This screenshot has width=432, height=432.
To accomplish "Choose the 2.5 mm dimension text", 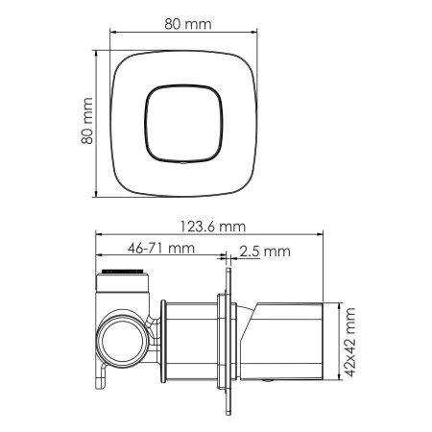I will [x=263, y=252].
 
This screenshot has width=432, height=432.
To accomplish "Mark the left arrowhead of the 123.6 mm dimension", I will [x=98, y=235].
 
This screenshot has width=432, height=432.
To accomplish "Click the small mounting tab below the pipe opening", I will [x=99, y=381].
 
